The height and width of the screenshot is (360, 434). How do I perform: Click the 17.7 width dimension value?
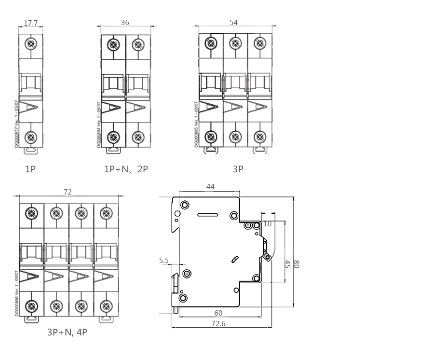tap(31, 23)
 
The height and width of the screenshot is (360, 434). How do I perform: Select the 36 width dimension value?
tap(125, 23)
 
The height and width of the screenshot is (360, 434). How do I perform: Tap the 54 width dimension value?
tap(235, 23)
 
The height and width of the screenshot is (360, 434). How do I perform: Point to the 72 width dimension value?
tap(68, 192)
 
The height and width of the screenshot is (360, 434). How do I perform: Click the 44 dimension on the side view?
tap(210, 186)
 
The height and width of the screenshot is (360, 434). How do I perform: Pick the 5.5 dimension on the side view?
tap(163, 261)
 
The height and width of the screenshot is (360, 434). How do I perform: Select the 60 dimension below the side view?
tap(218, 313)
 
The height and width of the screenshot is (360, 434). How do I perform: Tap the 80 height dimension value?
tap(297, 264)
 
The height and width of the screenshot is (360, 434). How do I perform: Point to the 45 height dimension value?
tap(287, 264)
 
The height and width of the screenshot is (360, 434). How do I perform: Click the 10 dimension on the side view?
tap(268, 224)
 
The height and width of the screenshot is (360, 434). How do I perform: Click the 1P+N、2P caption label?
tap(126, 170)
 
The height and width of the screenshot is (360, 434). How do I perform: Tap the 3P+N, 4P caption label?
tap(67, 332)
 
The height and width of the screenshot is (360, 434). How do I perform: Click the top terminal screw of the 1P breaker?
tap(31, 44)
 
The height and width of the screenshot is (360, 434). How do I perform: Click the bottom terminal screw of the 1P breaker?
tap(31, 137)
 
